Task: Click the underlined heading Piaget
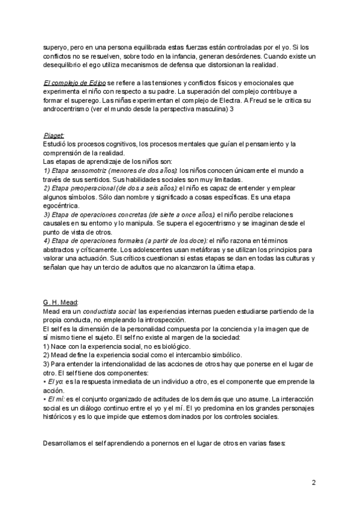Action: pos(54,136)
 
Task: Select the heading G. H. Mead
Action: pos(61,302)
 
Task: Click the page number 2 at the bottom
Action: pos(314,482)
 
